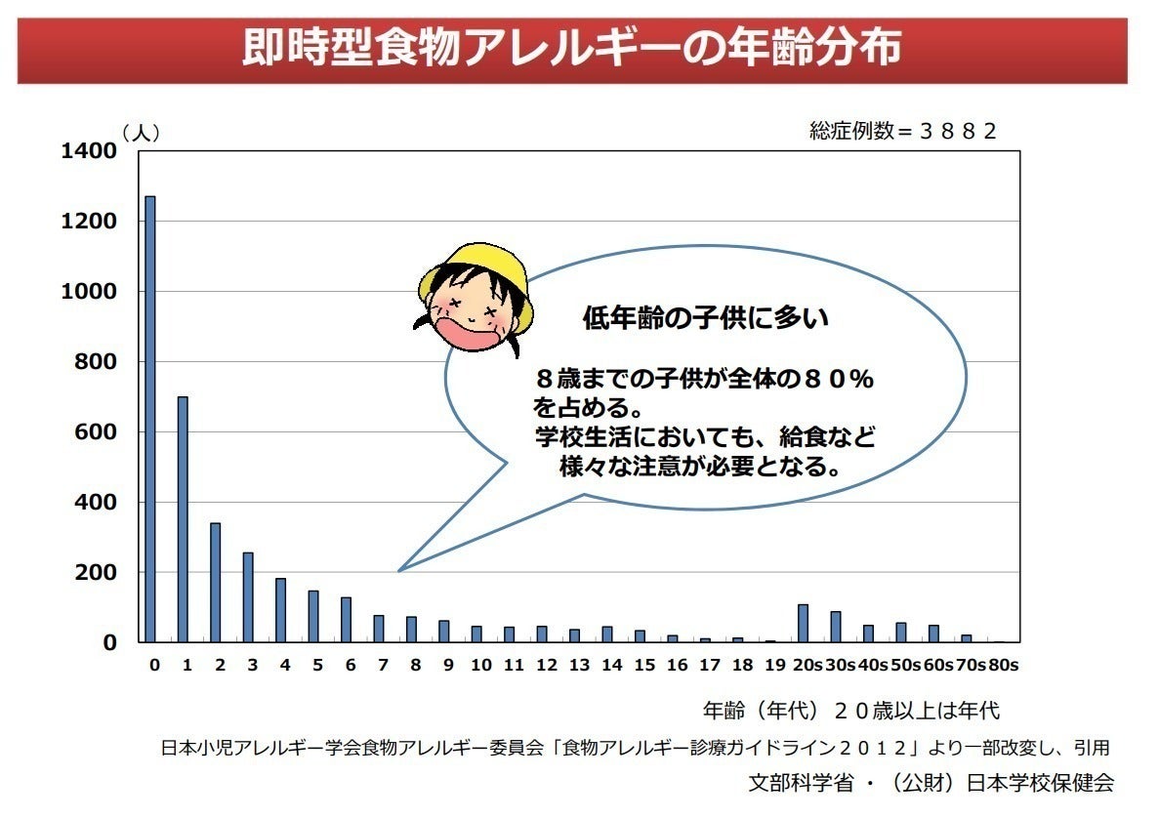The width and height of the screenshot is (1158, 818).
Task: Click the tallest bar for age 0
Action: pyautogui.click(x=150, y=420)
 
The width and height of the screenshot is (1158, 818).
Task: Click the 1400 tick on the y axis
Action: pyautogui.click(x=89, y=151)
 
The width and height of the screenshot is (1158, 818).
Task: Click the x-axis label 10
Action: pyautogui.click(x=480, y=666)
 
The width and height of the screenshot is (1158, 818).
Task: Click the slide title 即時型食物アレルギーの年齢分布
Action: pyautogui.click(x=571, y=50)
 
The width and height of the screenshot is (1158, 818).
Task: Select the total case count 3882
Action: pyautogui.click(x=958, y=132)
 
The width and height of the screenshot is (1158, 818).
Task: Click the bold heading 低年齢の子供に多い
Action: pyautogui.click(x=705, y=318)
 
